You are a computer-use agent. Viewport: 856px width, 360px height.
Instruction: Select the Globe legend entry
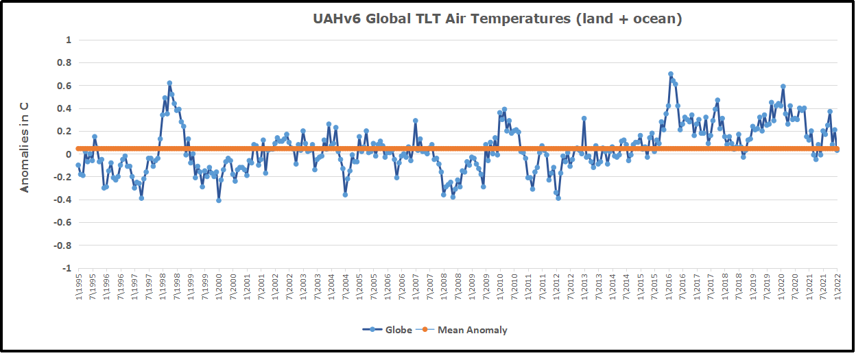pos(388,330)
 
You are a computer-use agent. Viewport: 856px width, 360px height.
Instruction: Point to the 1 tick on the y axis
pos(69,40)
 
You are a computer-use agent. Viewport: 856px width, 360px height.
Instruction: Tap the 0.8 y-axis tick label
pos(65,62)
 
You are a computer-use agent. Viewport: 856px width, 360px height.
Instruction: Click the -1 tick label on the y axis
pos(67,268)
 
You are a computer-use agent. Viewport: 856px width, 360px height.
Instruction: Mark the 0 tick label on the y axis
pos(69,154)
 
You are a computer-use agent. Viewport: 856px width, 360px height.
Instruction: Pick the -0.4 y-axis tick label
pos(63,200)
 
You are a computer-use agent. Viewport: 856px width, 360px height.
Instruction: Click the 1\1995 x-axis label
pos(78,287)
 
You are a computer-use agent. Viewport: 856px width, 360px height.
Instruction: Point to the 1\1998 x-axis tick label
pos(163,287)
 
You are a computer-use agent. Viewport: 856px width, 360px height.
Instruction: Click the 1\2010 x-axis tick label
pos(500,287)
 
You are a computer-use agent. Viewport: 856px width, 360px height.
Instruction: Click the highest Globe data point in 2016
pos(671,74)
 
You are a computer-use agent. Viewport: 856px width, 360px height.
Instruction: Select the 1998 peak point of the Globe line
pos(169,83)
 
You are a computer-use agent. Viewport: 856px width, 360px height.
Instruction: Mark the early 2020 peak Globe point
pos(783,86)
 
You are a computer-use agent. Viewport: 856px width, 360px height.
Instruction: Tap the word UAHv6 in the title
pos(335,19)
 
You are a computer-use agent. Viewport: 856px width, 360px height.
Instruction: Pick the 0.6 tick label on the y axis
pos(65,85)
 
